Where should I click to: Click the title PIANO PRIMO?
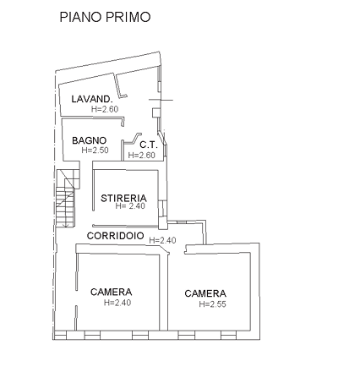[x=105, y=17]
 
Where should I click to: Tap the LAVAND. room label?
[x=92, y=99]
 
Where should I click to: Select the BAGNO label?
[x=90, y=140]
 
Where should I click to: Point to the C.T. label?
[x=149, y=145]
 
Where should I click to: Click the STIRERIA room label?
[x=123, y=198]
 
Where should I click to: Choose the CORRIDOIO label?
[x=116, y=236]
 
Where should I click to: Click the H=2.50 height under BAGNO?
[x=95, y=150]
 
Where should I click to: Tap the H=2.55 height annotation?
[x=212, y=304]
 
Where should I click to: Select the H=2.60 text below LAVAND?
[x=105, y=109]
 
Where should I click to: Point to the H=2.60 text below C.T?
[x=141, y=156]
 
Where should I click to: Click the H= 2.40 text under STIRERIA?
[x=130, y=206]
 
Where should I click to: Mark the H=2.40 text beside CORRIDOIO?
[x=162, y=240]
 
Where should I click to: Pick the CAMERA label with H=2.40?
[x=112, y=292]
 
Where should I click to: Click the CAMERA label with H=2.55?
[x=205, y=293]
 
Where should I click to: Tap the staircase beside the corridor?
[x=67, y=198]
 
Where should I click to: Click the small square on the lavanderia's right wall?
[x=156, y=112]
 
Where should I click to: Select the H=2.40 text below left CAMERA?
[x=117, y=303]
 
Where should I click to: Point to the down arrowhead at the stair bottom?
[x=67, y=225]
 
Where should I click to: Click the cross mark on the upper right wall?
[x=161, y=100]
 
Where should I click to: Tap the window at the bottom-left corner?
[x=61, y=336]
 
